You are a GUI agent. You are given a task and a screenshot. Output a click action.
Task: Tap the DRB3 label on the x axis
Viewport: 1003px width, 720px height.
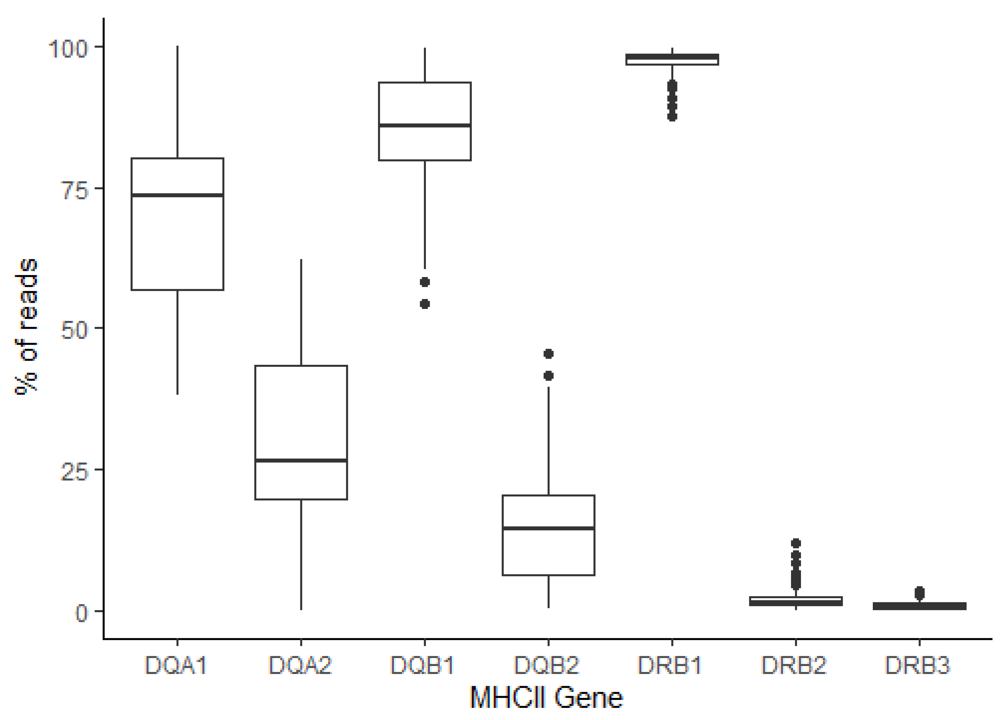(918, 665)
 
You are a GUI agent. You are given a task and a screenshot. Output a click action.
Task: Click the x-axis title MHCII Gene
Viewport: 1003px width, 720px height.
(547, 698)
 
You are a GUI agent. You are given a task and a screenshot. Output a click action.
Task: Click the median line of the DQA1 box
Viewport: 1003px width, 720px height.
(177, 195)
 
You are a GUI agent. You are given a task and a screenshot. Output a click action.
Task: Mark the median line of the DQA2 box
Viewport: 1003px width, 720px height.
(301, 461)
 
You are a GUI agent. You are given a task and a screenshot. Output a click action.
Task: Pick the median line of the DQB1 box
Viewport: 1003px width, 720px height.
(425, 126)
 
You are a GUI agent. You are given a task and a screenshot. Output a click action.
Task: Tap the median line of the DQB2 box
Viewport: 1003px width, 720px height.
(548, 528)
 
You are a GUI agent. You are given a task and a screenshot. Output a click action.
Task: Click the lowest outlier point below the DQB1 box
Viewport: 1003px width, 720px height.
(425, 304)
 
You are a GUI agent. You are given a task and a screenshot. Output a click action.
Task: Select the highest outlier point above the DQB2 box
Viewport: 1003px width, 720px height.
(548, 354)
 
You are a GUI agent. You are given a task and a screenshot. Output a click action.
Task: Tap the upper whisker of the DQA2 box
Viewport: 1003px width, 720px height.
(301, 312)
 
